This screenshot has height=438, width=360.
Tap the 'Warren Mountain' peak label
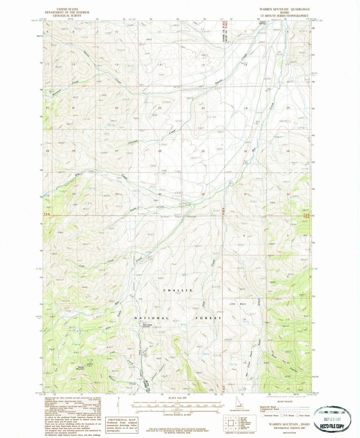(80, 368)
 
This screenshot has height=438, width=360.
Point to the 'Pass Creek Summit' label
(147, 326)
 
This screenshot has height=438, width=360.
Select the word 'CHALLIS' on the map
(178, 291)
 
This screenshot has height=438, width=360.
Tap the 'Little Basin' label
(237, 304)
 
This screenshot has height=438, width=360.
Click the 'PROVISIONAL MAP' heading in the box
(118, 420)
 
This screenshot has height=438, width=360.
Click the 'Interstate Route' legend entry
(270, 416)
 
